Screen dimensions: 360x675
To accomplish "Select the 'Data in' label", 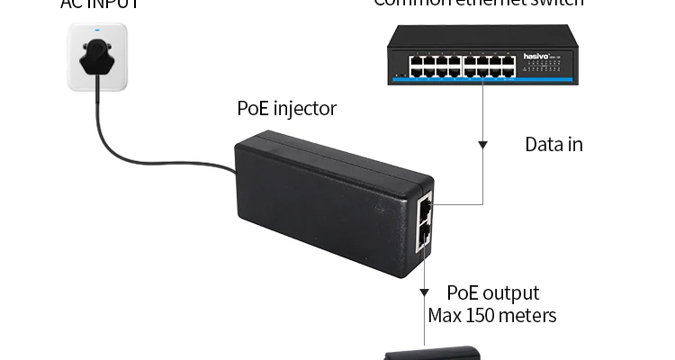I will [x=553, y=143].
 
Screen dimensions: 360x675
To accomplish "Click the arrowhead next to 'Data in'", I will [x=483, y=143].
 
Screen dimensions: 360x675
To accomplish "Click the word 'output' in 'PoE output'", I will [x=510, y=293].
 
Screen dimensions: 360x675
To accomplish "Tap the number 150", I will [x=488, y=316].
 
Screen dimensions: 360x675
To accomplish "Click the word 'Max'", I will [x=445, y=316].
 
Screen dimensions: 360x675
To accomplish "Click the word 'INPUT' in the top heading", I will [x=115, y=4].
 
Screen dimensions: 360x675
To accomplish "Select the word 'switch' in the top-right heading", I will [x=559, y=4].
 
